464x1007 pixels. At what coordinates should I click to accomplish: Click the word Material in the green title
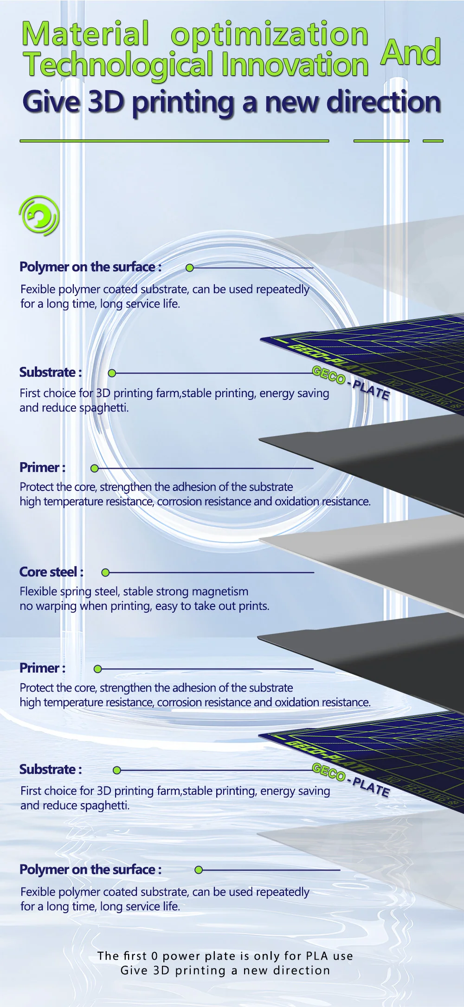pos(86,34)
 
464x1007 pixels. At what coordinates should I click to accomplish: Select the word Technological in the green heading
pos(119,65)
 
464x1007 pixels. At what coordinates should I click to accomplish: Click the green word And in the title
pos(411,52)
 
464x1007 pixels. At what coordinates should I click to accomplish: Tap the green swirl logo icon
pos(39,216)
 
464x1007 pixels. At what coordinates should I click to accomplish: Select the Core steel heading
pos(52,572)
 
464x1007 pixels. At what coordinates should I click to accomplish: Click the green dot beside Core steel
pos(105,573)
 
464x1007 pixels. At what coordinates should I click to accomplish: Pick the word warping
pos(56,606)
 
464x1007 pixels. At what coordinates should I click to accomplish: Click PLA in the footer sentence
pos(317,956)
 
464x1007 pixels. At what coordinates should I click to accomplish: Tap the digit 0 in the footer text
pos(155,956)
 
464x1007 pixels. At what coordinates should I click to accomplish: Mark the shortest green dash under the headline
pos(433,140)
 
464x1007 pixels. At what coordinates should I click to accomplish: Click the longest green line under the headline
pos(174,140)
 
